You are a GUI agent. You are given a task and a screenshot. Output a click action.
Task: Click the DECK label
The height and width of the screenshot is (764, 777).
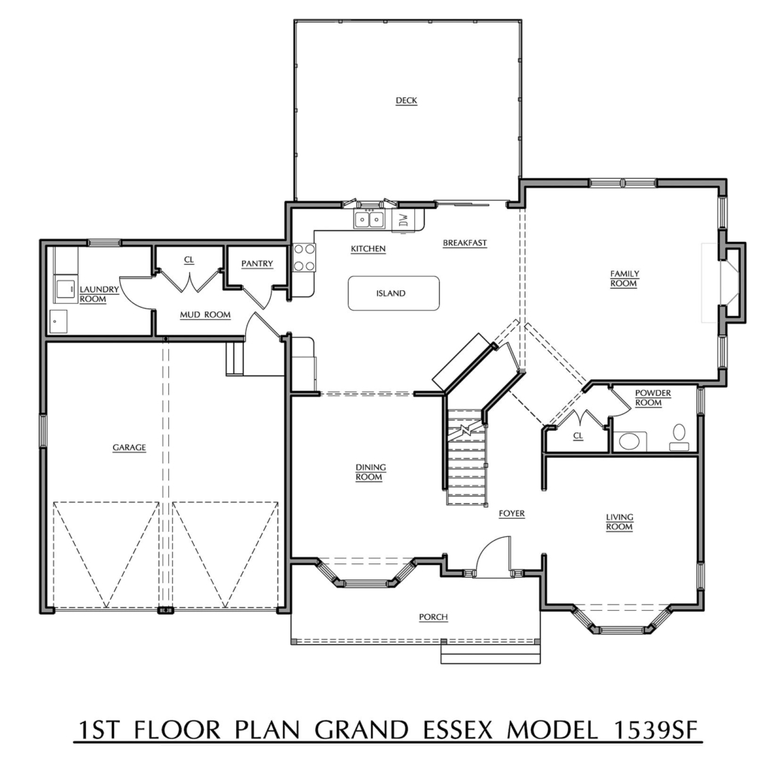pyautogui.click(x=406, y=100)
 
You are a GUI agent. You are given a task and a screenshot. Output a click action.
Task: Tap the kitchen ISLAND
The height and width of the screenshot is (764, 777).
pyautogui.click(x=393, y=293)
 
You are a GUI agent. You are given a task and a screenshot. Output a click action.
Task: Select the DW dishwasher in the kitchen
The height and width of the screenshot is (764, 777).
pyautogui.click(x=403, y=220)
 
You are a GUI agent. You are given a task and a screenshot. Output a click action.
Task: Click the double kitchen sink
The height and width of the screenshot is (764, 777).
pyautogui.click(x=369, y=219)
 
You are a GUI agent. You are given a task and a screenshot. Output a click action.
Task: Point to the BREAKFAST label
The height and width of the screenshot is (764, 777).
pyautogui.click(x=465, y=243)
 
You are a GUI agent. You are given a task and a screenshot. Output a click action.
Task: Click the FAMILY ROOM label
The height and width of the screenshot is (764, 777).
pyautogui.click(x=624, y=278)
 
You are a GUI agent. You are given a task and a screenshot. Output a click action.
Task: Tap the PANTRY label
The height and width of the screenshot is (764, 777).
pyautogui.click(x=256, y=263)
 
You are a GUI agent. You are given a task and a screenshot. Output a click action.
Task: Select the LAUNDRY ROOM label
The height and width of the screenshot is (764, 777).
pyautogui.click(x=98, y=294)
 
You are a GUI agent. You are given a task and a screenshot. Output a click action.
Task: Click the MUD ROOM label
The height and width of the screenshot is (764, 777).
pyautogui.click(x=204, y=314)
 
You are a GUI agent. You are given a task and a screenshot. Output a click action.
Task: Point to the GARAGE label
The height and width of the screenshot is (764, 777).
pyautogui.click(x=129, y=447)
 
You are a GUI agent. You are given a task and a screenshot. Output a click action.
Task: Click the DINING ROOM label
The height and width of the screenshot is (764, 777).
pyautogui.click(x=369, y=472)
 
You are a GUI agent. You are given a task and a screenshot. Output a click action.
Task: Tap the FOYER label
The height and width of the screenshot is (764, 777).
pyautogui.click(x=511, y=514)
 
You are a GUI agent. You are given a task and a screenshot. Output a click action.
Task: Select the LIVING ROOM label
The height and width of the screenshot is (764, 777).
pyautogui.click(x=619, y=522)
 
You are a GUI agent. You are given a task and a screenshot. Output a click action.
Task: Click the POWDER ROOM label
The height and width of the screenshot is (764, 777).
pyautogui.click(x=653, y=397)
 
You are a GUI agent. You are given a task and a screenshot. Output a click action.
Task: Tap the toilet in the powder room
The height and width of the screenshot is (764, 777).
pyautogui.click(x=678, y=432)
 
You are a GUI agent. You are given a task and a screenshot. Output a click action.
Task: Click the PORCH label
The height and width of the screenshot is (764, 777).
pyautogui.click(x=433, y=617)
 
